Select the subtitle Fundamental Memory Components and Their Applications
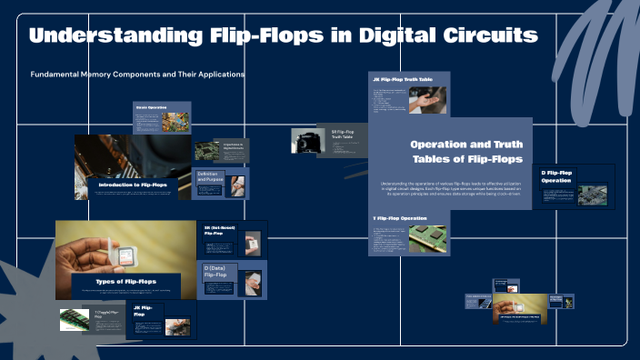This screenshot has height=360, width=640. click(137, 74)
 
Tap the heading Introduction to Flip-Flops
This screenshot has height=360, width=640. click(133, 185)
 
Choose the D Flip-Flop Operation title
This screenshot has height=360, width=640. click(555, 176)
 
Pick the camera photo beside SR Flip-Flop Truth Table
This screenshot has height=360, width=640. click(304, 141)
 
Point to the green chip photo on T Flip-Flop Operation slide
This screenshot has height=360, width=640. click(426, 238)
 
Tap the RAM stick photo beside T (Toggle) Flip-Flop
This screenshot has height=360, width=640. click(74, 318)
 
